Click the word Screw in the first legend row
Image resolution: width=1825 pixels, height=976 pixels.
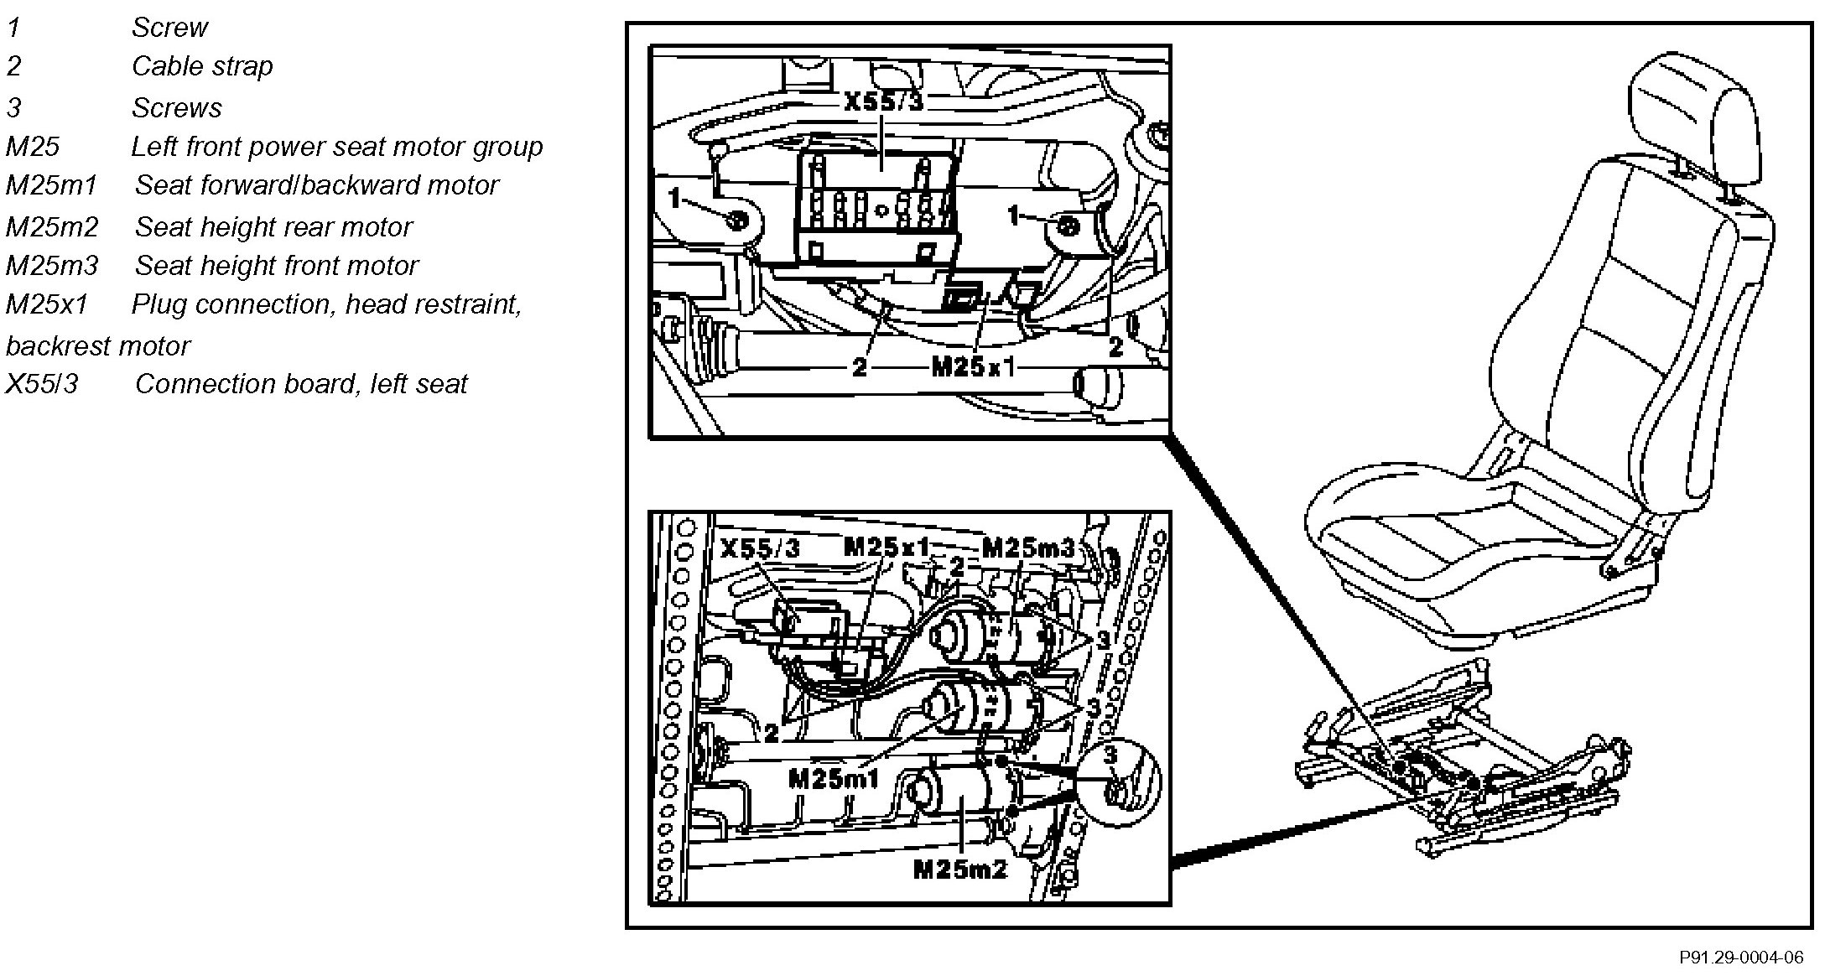point(169,28)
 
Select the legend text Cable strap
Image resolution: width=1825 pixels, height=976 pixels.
point(202,66)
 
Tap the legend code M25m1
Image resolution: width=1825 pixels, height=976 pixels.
point(52,185)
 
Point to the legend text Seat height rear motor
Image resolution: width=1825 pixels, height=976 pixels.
point(273,226)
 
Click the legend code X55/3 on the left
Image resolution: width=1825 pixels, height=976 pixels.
point(42,384)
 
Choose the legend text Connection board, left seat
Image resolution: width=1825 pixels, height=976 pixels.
point(300,384)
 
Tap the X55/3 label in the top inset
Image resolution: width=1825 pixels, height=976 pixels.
point(883,102)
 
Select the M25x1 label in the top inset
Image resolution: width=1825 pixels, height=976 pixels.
point(973,367)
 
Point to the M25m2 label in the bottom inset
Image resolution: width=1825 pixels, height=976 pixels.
point(959,870)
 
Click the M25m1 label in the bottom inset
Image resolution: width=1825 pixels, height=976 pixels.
point(833,779)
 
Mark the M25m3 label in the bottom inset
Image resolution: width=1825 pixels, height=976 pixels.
point(1027,548)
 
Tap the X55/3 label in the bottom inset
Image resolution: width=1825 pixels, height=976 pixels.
point(761,548)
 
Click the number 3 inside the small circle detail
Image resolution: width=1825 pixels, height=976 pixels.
point(1110,755)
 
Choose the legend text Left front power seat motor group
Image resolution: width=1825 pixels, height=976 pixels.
point(336,147)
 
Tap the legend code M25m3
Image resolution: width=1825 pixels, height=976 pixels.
point(52,266)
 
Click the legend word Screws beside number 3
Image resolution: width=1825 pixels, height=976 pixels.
point(176,108)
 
